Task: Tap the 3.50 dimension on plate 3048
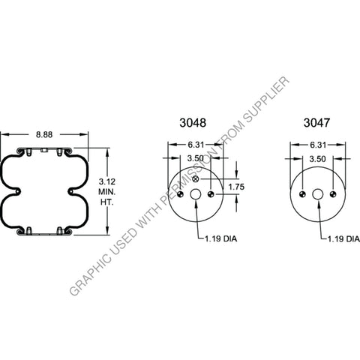[x=195, y=159]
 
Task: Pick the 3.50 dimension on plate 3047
[x=318, y=159]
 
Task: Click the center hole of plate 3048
[x=195, y=195]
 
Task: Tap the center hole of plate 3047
[x=318, y=195]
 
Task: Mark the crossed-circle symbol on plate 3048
[x=195, y=181]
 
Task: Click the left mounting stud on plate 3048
[x=178, y=195]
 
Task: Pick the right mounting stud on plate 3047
[x=334, y=195]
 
